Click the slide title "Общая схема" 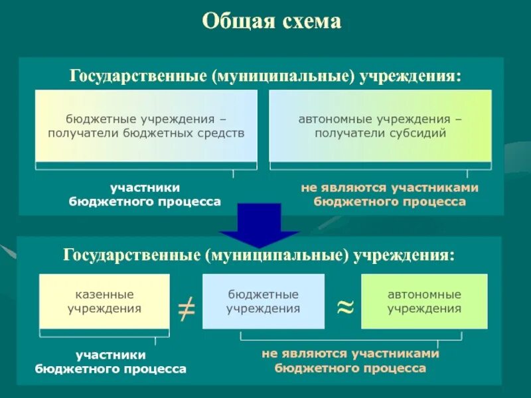(271, 22)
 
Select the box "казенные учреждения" (104, 301)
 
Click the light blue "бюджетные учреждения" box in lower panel (263, 301)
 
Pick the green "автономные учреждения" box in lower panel (424, 301)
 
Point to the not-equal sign (187, 307)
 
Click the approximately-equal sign (344, 306)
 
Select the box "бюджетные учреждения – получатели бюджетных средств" (146, 126)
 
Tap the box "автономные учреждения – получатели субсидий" (380, 126)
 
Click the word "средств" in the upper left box (221, 133)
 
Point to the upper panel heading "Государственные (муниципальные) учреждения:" (265, 74)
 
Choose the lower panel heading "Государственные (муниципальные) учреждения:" (259, 255)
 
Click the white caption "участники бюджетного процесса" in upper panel (145, 194)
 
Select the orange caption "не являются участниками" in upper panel (390, 188)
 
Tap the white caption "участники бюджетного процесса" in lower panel (110, 362)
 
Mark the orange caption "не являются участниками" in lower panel (350, 354)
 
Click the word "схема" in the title (311, 22)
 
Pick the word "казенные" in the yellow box (104, 294)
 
